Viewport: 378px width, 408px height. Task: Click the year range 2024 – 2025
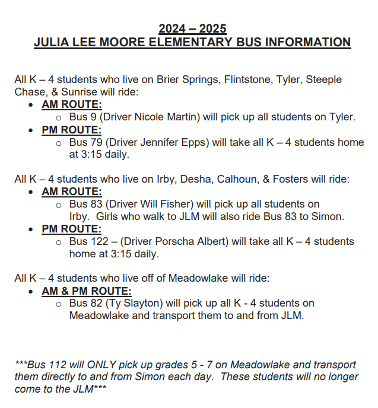pyautogui.click(x=192, y=28)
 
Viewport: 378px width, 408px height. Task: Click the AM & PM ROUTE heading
pyautogui.click(x=86, y=291)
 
